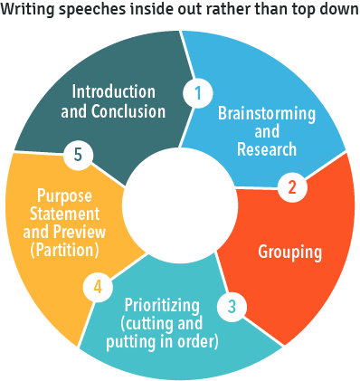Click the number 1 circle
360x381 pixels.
(197, 91)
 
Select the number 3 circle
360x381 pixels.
(232, 306)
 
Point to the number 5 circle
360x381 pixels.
(79, 156)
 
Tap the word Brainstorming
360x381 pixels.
(266, 115)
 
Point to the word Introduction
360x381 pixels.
(114, 92)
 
